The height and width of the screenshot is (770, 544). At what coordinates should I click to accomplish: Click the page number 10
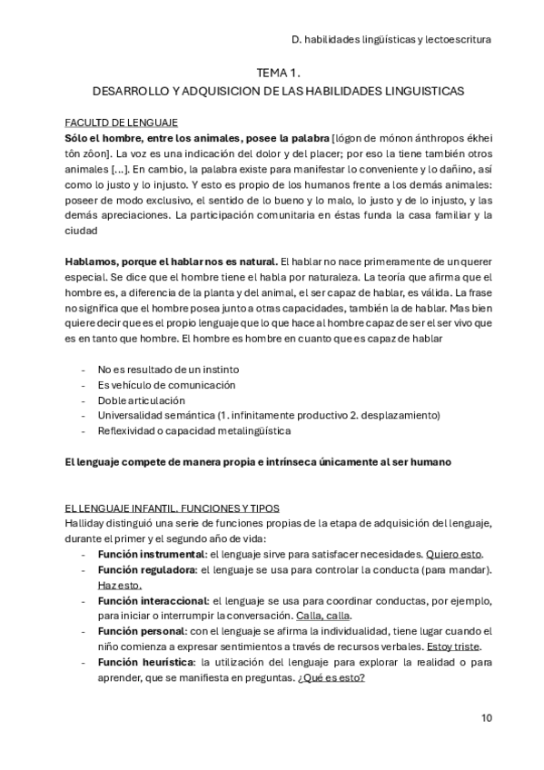pyautogui.click(x=487, y=717)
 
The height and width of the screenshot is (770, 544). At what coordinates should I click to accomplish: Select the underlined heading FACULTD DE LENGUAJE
pyautogui.click(x=121, y=122)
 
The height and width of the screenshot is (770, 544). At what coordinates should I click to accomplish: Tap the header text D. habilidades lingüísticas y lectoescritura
pyautogui.click(x=392, y=40)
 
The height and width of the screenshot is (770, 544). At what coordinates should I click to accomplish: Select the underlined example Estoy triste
pyautogui.click(x=453, y=647)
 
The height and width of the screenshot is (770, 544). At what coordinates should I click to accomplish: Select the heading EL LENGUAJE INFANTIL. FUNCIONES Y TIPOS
pyautogui.click(x=172, y=508)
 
